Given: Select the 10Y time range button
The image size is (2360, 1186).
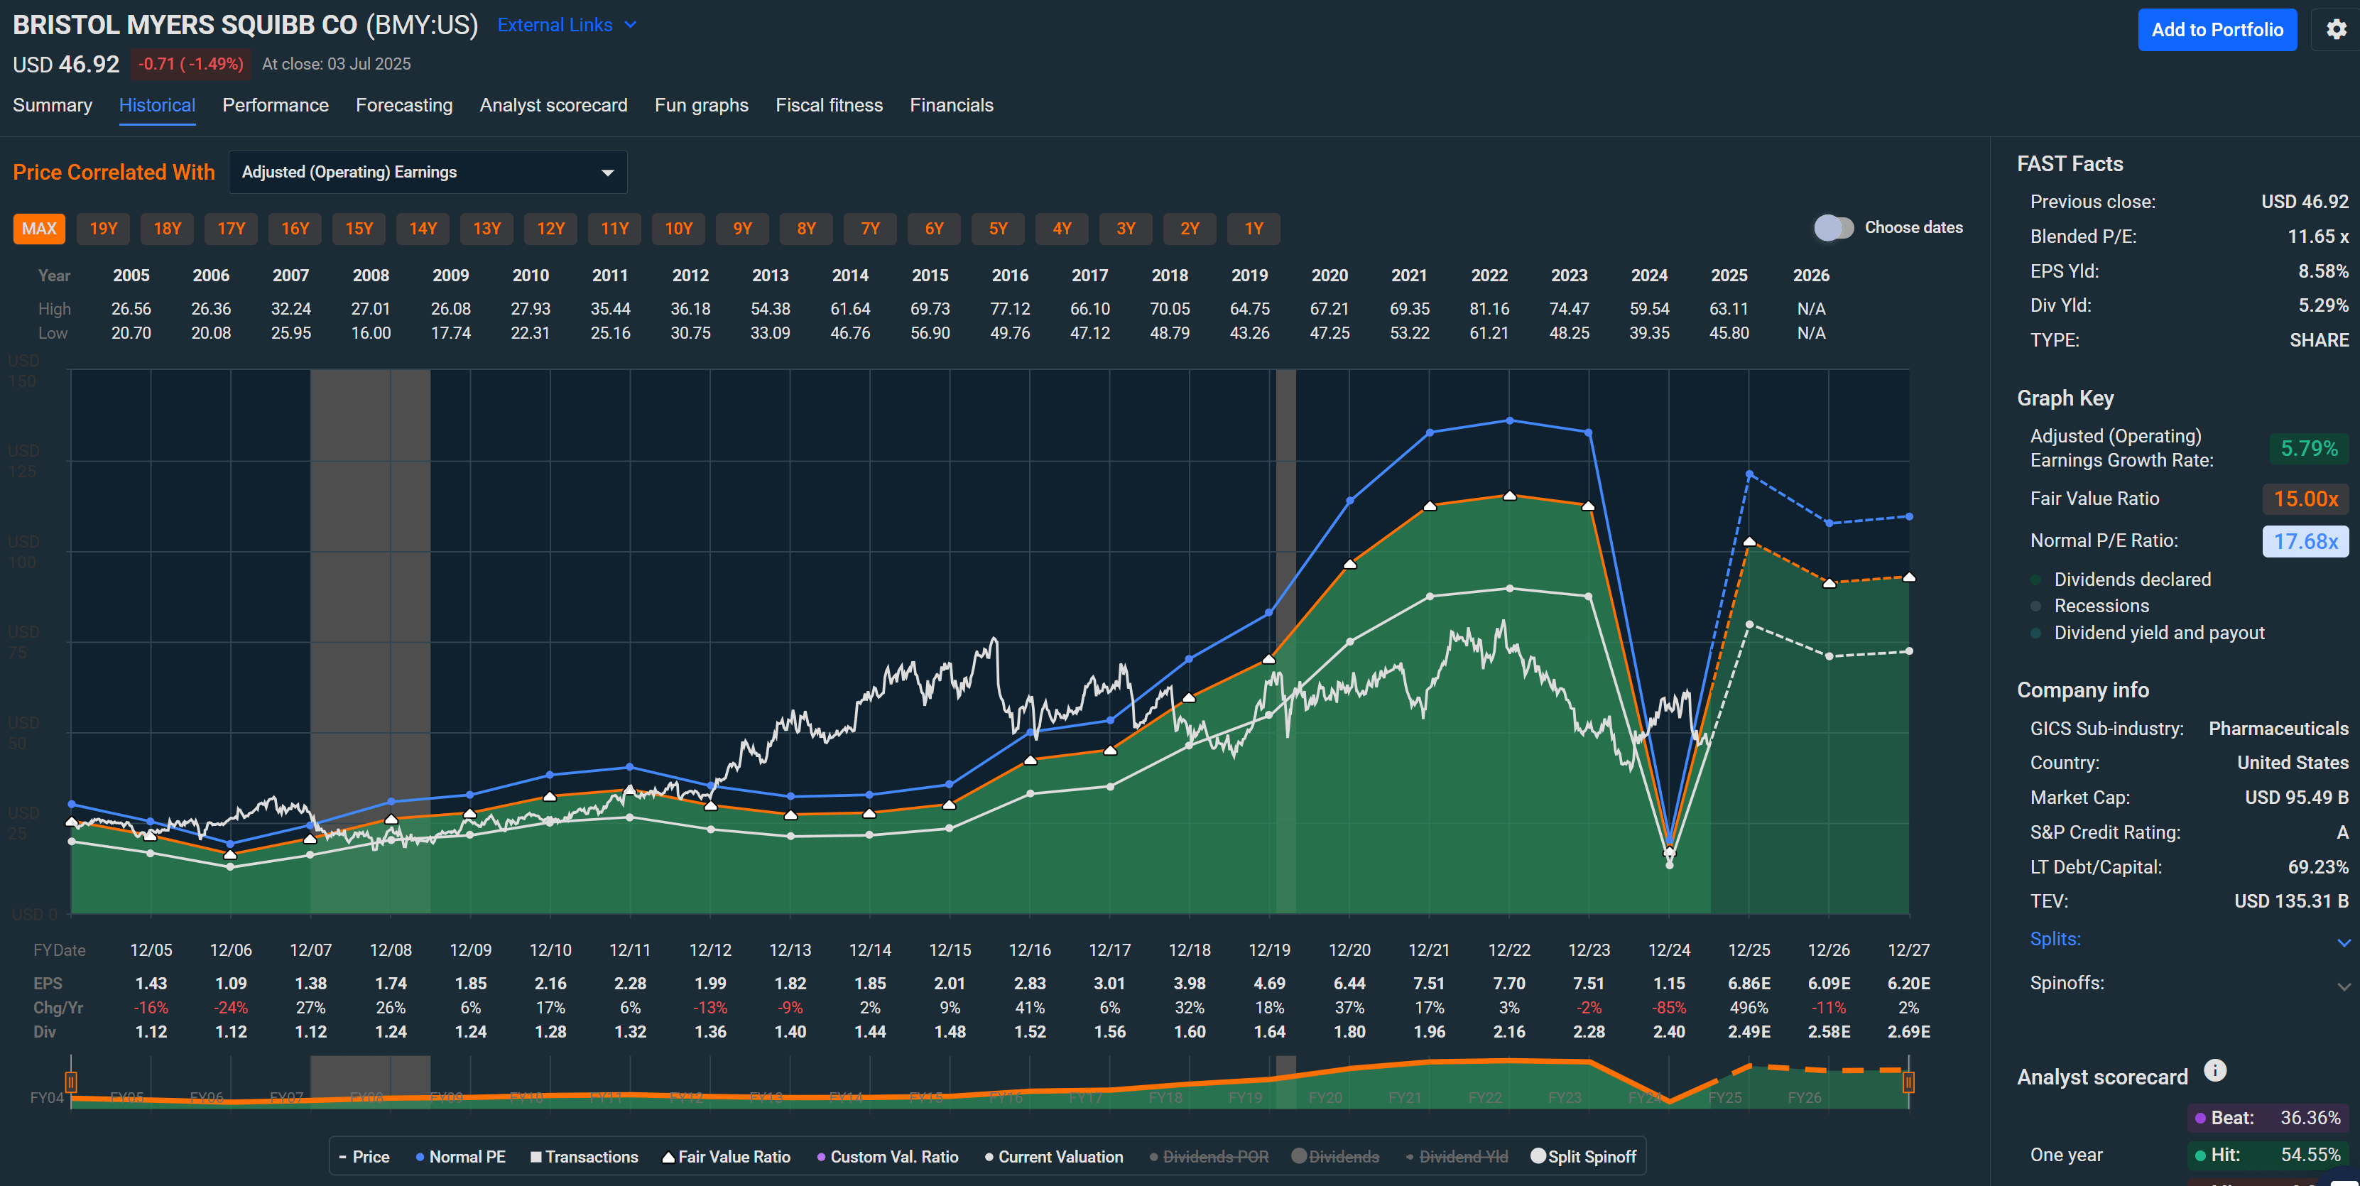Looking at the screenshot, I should (x=678, y=229).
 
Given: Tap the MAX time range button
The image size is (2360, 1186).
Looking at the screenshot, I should (x=38, y=229).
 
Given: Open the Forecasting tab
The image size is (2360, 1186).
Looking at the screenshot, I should (x=404, y=105).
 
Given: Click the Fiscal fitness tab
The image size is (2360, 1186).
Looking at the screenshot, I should (x=828, y=105).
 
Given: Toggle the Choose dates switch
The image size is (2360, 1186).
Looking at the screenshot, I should (x=1833, y=228).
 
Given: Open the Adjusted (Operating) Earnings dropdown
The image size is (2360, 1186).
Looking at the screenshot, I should (x=427, y=172).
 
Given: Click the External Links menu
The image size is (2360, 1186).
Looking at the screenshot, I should (x=565, y=26).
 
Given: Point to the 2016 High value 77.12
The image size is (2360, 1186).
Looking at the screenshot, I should (x=1010, y=310).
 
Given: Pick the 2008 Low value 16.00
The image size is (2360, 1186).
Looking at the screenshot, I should (x=370, y=333).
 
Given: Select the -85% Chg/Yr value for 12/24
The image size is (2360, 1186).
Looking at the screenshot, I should (x=1668, y=1008).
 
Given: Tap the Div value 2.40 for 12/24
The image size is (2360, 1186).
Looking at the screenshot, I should (x=1668, y=1032).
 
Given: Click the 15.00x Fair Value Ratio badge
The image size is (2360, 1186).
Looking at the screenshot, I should (x=2305, y=499).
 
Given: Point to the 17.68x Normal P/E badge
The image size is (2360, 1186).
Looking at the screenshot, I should (x=2305, y=541).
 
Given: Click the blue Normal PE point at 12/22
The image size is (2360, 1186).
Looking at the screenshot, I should (x=1510, y=420).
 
